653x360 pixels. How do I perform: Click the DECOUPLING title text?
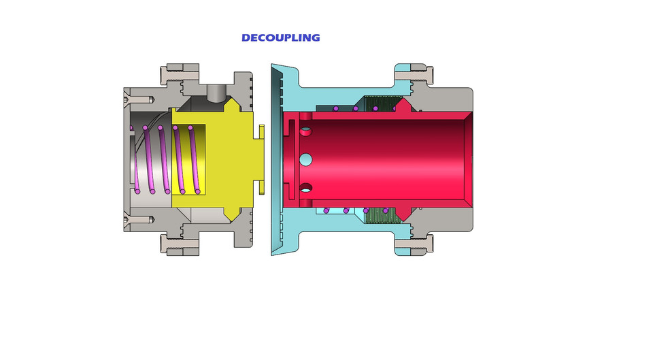click(x=280, y=38)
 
